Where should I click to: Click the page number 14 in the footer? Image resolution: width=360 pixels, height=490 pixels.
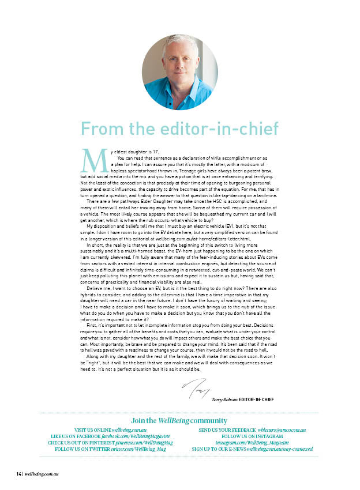pos(18,474)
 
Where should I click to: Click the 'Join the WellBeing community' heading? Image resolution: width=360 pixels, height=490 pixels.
pos(179,420)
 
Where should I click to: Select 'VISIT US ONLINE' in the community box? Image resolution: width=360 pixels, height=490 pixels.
pos(92,430)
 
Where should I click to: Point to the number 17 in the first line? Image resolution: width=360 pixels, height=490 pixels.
pos(148,151)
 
